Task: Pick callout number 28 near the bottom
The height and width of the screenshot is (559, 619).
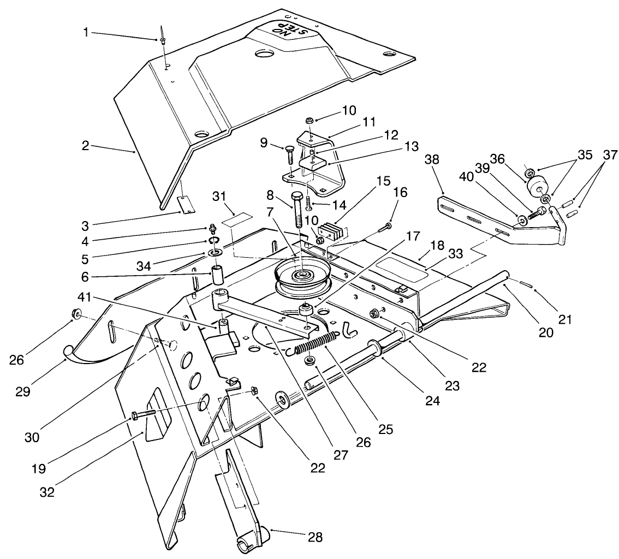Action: coord(315,537)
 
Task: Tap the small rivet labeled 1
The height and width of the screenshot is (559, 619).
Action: coord(163,39)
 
